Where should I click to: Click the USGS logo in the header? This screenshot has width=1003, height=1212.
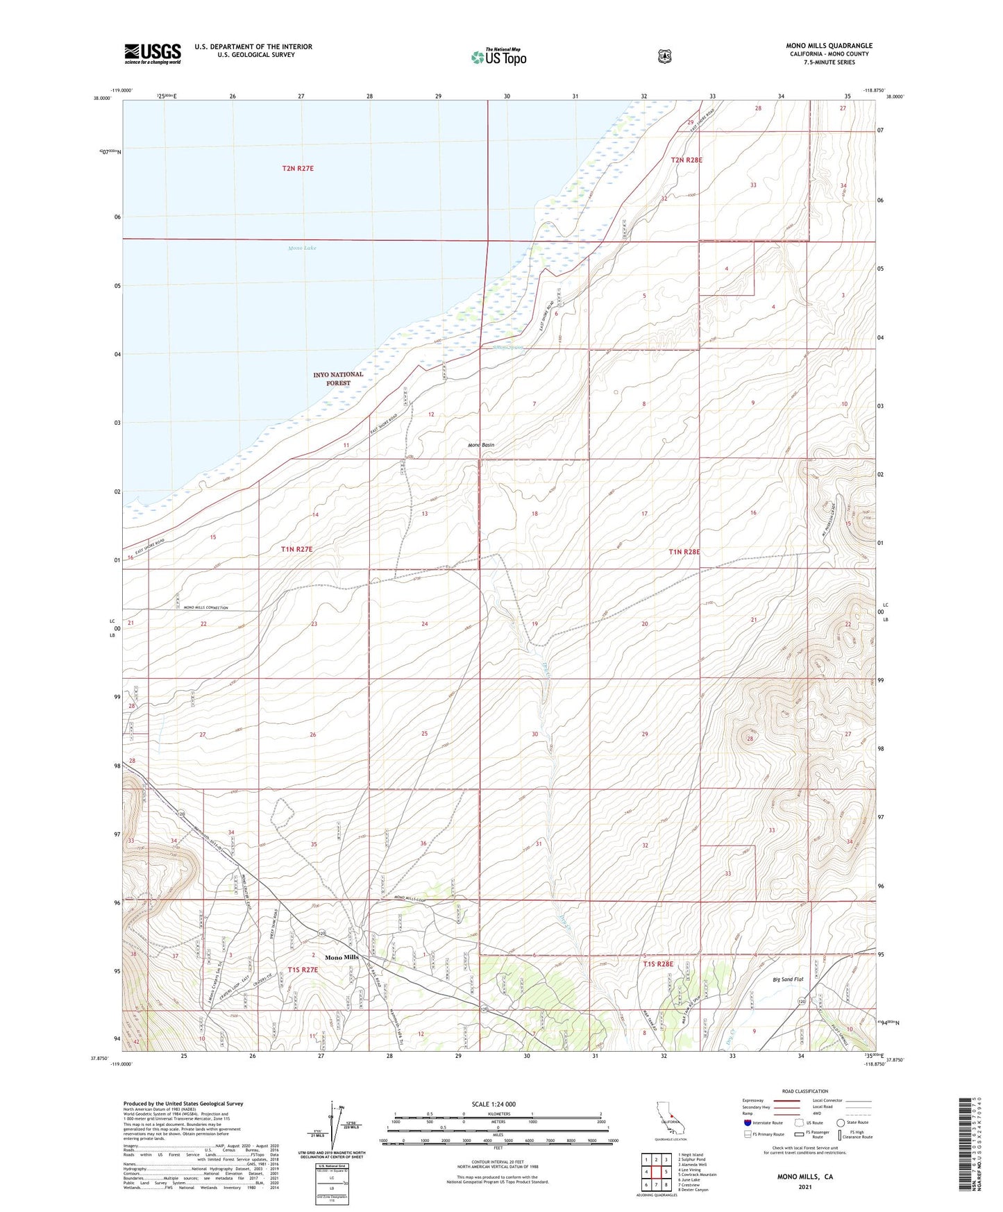tap(153, 53)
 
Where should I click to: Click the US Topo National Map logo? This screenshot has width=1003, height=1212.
tap(498, 57)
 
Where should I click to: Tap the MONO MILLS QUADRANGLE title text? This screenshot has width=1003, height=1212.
tap(829, 46)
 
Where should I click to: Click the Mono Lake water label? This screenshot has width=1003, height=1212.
tap(302, 248)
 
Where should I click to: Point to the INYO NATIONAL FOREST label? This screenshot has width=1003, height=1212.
tap(338, 379)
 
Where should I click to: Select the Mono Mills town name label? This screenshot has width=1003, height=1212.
tap(342, 957)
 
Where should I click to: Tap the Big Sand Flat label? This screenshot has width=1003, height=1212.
tap(788, 979)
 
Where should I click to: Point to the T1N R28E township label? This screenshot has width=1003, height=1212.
tap(684, 552)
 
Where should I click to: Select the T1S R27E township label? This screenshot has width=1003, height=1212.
tap(302, 970)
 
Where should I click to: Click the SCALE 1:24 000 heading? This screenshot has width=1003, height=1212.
tap(494, 1104)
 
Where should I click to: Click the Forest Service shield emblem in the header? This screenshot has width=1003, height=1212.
tap(664, 56)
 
